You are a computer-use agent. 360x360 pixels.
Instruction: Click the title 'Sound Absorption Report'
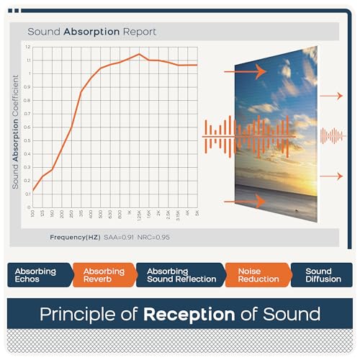click(x=92, y=32)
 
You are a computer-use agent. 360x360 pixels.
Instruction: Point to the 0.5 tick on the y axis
click(x=27, y=141)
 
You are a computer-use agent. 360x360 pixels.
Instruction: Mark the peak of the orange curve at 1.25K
click(x=139, y=54)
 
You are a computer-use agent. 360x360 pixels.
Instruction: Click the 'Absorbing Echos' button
click(x=36, y=275)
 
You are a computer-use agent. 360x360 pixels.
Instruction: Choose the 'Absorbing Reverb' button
click(x=103, y=275)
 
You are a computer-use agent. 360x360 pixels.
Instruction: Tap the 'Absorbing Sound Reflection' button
click(x=180, y=275)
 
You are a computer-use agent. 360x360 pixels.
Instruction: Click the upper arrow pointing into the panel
click(x=244, y=72)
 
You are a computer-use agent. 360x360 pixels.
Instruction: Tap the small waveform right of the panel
click(x=333, y=135)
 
